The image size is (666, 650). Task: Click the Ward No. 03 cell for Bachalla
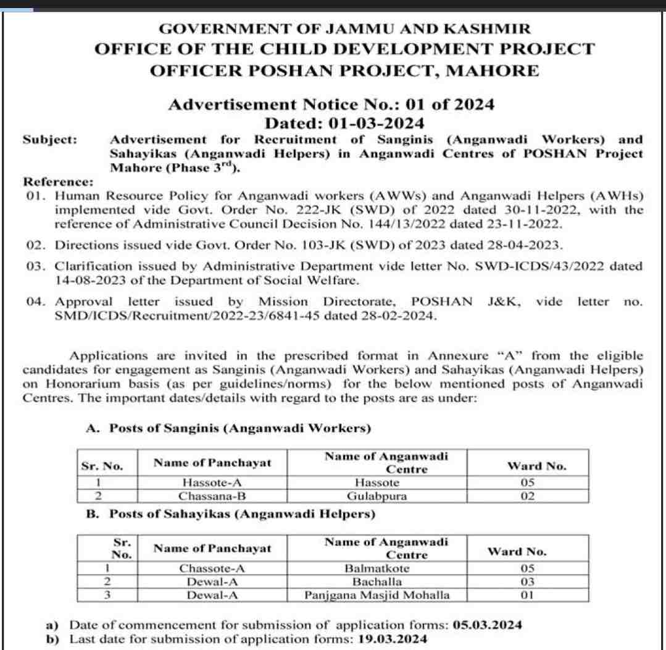click(x=525, y=582)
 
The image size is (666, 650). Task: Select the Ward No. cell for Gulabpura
click(x=527, y=496)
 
